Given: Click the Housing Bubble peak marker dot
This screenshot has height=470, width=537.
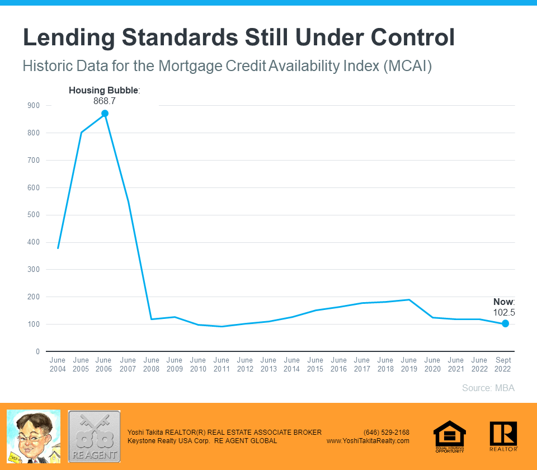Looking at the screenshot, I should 105,114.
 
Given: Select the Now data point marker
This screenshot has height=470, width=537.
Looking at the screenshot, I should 505,323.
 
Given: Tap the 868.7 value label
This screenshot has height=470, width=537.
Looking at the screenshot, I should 104,101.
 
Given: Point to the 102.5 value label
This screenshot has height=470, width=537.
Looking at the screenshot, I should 503,313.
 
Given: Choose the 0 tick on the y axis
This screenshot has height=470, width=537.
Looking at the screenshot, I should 37,352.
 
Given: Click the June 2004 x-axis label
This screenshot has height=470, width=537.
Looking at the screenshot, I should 58,365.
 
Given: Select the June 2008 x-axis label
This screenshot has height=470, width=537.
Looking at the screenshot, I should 151,365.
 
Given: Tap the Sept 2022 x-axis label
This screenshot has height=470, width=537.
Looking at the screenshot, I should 503,365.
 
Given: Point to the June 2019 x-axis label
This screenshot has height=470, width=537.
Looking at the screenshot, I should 409,365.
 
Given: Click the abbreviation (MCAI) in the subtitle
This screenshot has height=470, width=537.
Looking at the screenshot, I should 407,66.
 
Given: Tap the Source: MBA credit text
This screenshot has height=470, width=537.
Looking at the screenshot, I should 488,388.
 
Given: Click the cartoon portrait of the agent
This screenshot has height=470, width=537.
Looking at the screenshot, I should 33,436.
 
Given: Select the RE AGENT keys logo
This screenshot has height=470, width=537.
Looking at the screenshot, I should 94,436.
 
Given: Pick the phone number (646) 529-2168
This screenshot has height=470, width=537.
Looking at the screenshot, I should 387,433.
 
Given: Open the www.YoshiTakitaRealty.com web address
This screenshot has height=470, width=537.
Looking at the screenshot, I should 368,441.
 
